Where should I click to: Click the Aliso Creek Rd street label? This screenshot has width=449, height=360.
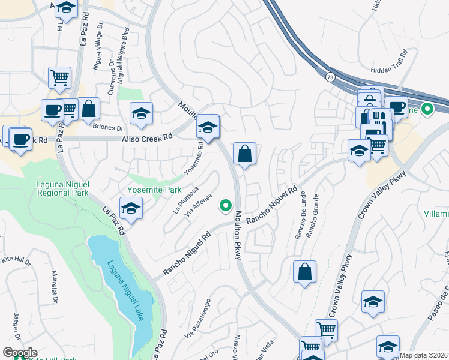(x=147, y=137)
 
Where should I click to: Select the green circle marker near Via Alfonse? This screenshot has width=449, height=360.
(x=226, y=206)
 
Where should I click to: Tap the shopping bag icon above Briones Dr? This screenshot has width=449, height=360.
(x=89, y=109)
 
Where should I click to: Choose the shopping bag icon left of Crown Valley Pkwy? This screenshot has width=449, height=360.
(x=304, y=271)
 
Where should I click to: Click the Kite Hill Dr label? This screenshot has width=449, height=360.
(x=16, y=260)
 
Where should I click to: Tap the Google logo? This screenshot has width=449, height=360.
(x=19, y=352)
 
